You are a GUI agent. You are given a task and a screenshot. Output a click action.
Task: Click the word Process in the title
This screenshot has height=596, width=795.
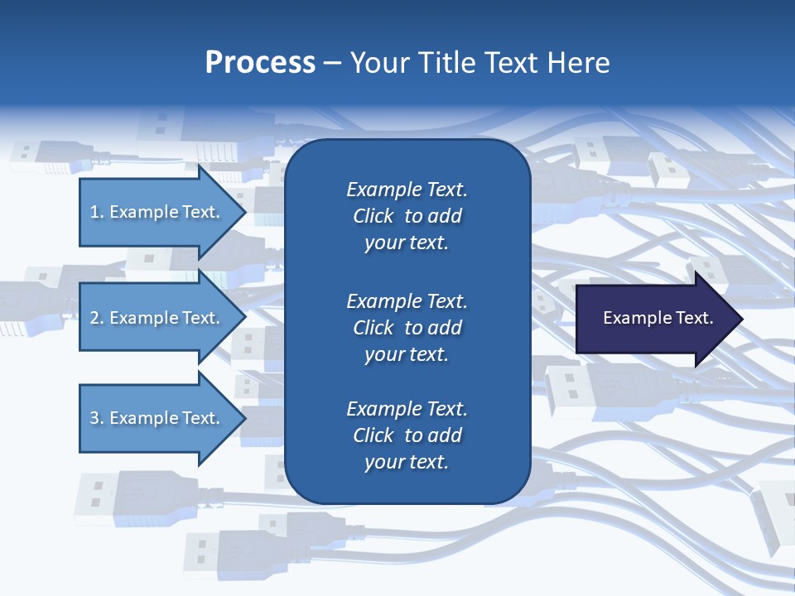point(260,63)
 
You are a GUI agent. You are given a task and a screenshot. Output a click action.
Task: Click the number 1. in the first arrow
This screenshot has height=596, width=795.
point(97,212)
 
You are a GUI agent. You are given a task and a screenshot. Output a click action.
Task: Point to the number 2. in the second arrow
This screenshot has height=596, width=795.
point(97,318)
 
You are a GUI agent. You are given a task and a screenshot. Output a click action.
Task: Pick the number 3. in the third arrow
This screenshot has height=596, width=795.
point(97,418)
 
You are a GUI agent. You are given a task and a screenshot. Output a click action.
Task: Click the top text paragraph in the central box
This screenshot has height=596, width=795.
point(407,216)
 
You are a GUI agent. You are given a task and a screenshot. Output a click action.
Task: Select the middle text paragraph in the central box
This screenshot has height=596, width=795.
point(407,328)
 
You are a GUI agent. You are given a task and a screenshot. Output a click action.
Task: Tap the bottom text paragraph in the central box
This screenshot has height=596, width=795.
point(407,435)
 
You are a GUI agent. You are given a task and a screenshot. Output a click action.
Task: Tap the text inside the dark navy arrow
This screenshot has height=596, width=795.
point(658,318)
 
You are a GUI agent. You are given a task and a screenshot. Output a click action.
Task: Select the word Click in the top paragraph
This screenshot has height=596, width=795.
point(373,216)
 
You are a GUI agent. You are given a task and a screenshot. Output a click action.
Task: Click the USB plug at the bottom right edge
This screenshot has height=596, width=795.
point(774,513)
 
